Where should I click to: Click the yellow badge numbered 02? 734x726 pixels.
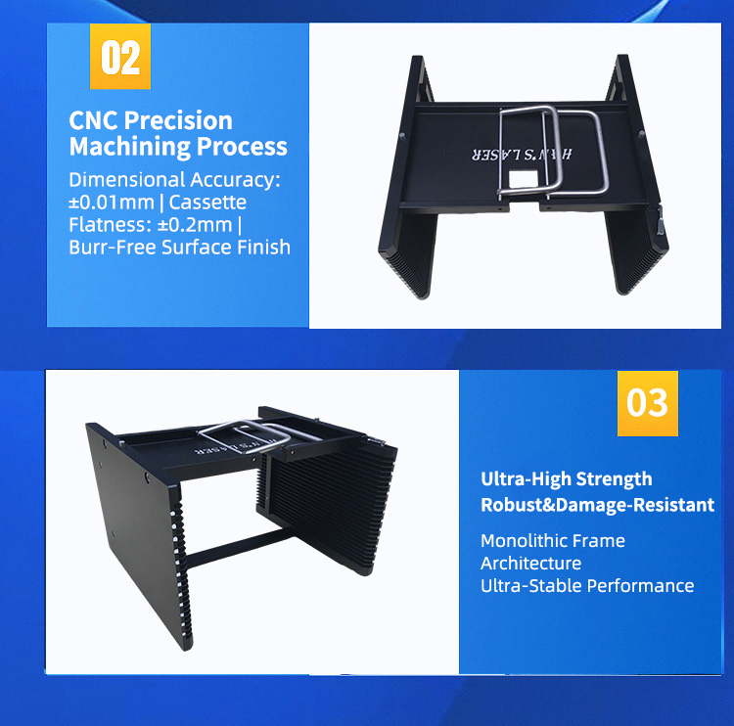tap(120, 56)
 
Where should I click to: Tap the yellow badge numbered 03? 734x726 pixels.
tap(647, 401)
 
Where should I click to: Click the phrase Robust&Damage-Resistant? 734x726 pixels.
tap(597, 505)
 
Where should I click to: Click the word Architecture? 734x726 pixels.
tap(530, 563)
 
